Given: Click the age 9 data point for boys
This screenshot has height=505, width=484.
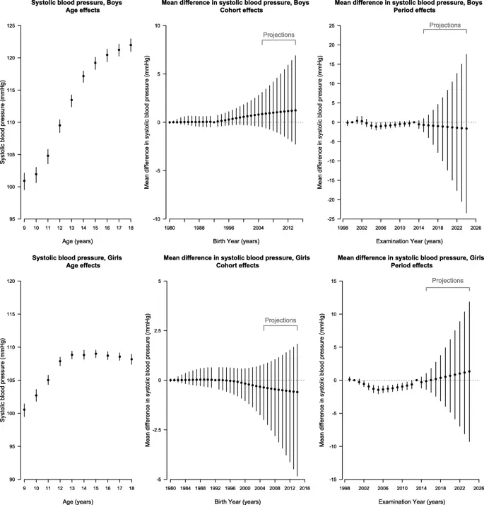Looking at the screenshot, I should tap(24, 180).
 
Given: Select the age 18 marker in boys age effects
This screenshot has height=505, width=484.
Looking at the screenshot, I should tap(131, 45).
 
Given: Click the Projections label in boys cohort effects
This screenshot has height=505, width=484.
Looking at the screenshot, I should tap(278, 34).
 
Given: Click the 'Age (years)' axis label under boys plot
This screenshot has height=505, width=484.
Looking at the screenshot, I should tap(77, 241).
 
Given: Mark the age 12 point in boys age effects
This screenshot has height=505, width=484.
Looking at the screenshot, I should tap(59, 125).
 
